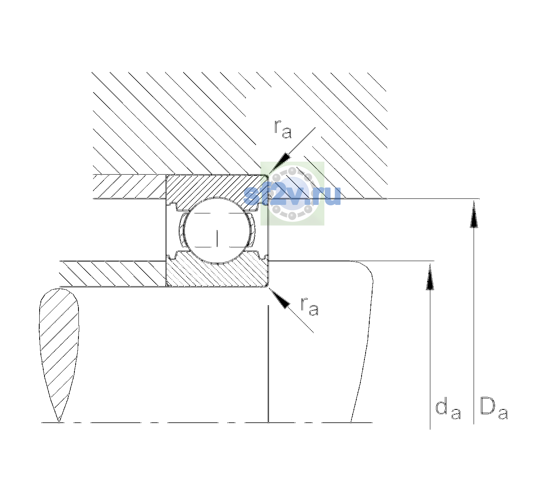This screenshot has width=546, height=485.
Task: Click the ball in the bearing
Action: [217, 230]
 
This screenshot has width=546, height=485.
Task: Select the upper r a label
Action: [283, 129]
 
